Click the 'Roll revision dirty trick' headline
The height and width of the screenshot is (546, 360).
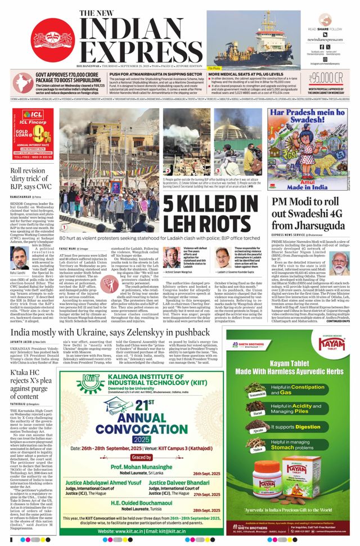(34, 178)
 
